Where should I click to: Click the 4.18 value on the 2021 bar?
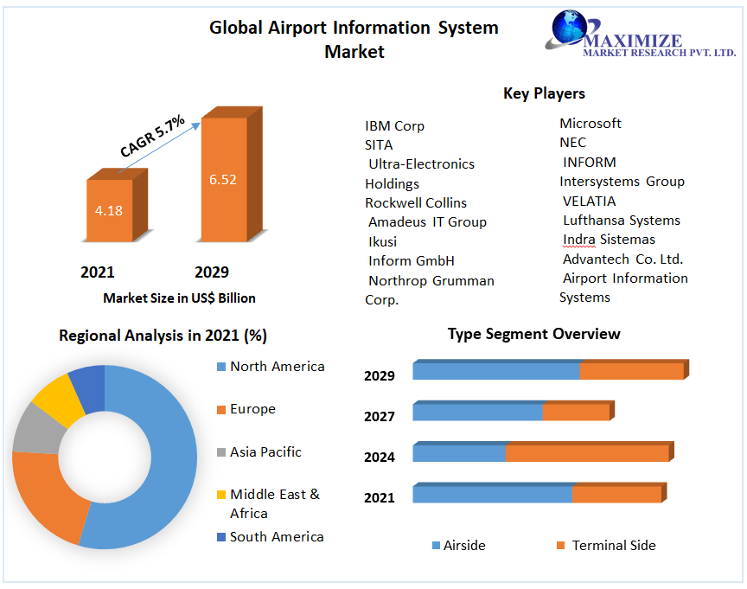(x=109, y=210)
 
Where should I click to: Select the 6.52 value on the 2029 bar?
(x=222, y=180)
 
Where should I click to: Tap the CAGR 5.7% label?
(x=152, y=137)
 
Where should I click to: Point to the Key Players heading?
(x=544, y=93)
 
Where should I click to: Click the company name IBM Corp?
(x=394, y=125)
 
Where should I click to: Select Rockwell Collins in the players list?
(x=416, y=202)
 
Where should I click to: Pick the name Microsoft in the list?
(x=591, y=123)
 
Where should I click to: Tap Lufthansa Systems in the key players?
(x=621, y=220)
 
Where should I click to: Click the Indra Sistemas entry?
(x=609, y=239)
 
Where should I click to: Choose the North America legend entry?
(x=277, y=366)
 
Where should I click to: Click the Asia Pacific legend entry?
(x=265, y=451)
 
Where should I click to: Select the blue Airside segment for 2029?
(x=495, y=371)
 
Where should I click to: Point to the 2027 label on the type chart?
(x=380, y=416)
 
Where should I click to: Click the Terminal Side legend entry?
(x=613, y=545)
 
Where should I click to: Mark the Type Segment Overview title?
(x=533, y=334)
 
